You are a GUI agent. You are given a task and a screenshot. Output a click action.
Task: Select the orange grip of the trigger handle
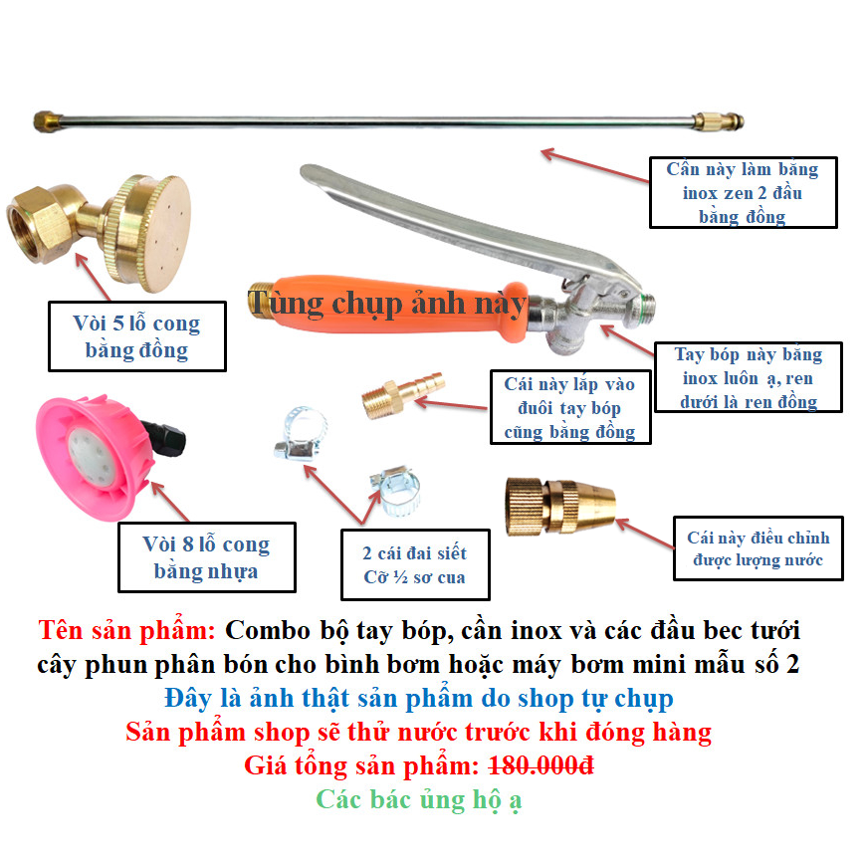pyautogui.click(x=398, y=304)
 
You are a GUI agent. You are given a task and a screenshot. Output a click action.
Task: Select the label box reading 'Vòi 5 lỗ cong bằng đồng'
pyautogui.click(x=136, y=336)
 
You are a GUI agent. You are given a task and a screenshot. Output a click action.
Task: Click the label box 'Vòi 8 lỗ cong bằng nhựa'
pyautogui.click(x=206, y=557)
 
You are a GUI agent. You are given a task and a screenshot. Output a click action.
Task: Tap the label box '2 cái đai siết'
pyautogui.click(x=414, y=564)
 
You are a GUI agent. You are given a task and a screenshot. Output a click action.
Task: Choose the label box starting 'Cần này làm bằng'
pyautogui.click(x=743, y=192)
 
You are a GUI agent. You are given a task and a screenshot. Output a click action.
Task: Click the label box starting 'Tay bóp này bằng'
pyautogui.click(x=748, y=377)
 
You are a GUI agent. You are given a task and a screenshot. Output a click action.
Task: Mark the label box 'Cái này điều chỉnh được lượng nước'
pyautogui.click(x=758, y=548)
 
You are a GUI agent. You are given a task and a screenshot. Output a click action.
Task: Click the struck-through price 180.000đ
pyautogui.click(x=541, y=766)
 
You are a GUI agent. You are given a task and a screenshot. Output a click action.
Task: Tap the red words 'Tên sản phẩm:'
pyautogui.click(x=127, y=630)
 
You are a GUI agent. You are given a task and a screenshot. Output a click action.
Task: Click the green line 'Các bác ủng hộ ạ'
pyautogui.click(x=419, y=799)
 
